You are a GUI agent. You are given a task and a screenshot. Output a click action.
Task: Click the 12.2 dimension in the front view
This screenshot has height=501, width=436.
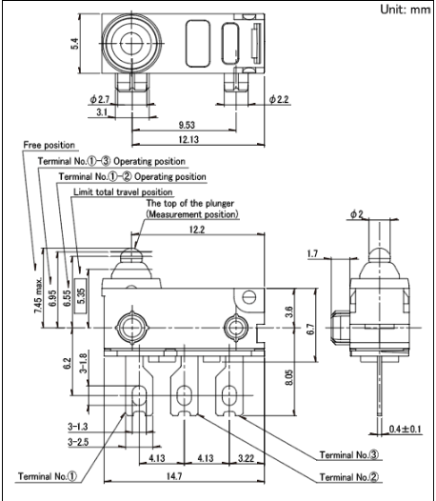tap(197, 230)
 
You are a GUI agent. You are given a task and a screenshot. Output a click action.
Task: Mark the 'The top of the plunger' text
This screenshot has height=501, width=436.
tap(190, 204)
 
